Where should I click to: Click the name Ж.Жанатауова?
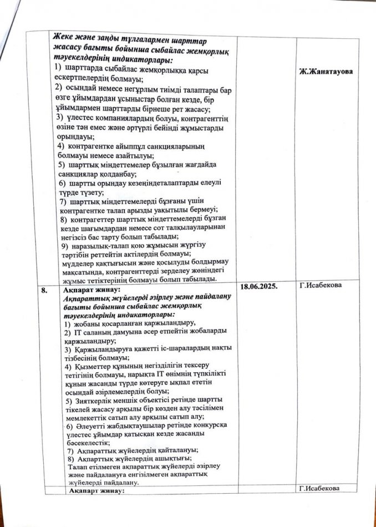[x=327, y=72]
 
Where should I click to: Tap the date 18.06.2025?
[x=265, y=286]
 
